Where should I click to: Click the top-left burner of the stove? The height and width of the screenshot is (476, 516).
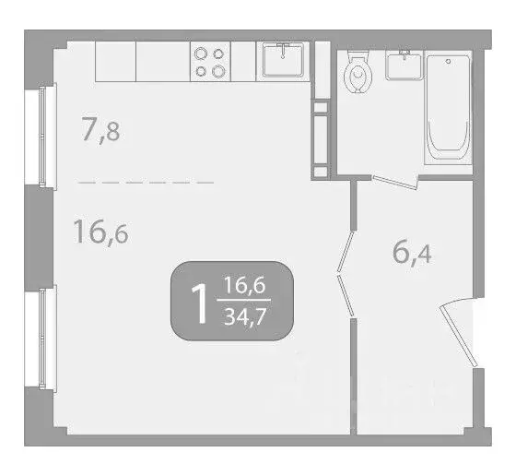[201, 54]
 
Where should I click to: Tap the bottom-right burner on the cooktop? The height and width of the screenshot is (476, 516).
[218, 70]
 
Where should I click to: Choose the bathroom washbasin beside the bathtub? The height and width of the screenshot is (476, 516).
[400, 65]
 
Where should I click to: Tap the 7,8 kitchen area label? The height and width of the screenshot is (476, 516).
[100, 130]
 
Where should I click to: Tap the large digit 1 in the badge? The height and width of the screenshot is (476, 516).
[197, 302]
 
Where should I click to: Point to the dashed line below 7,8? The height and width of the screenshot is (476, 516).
[146, 183]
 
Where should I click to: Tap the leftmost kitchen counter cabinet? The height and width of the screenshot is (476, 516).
[115, 61]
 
